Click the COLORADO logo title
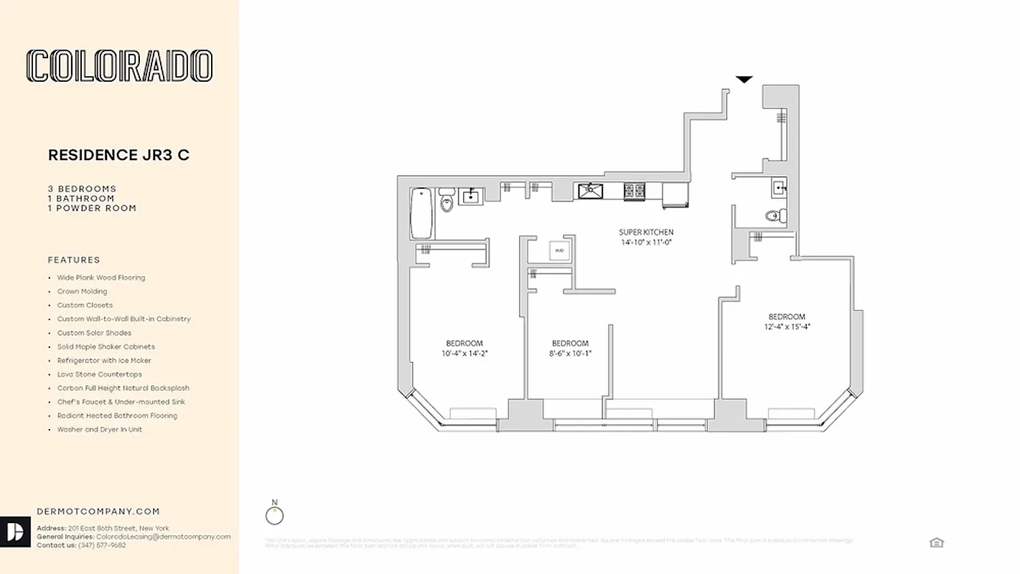(119, 66)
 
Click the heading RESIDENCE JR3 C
(118, 155)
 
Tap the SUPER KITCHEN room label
(646, 232)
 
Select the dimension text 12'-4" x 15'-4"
(787, 326)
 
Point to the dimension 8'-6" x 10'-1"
(570, 353)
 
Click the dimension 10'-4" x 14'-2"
(464, 353)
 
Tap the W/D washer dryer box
(559, 250)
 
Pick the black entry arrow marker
(744, 79)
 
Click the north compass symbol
(274, 515)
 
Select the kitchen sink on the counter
(591, 191)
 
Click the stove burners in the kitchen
(635, 191)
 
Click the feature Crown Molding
(83, 291)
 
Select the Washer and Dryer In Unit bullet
(100, 429)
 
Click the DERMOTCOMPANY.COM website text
(98, 512)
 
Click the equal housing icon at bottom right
(936, 542)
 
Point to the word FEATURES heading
(74, 260)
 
